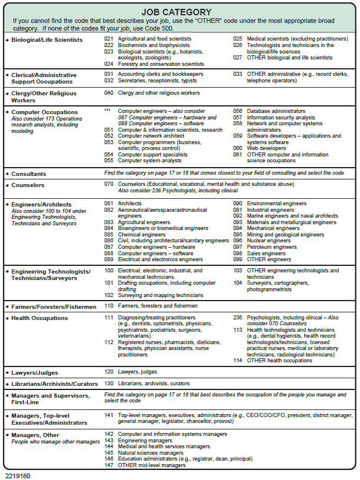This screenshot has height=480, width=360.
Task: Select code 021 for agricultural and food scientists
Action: tap(108, 39)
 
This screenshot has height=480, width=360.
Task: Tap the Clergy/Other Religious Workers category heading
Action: tap(44, 96)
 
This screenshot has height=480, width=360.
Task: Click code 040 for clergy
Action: tap(108, 93)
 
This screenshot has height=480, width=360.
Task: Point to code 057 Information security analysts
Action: tap(238, 118)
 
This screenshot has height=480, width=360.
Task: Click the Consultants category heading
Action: tap(29, 174)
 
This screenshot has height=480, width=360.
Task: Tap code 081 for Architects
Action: tap(108, 204)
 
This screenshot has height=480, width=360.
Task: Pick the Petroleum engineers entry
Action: tap(272, 247)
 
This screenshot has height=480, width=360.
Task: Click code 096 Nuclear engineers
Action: tap(238, 241)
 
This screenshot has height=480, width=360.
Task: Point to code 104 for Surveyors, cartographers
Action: tap(238, 283)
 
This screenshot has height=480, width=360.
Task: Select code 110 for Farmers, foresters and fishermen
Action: tap(108, 306)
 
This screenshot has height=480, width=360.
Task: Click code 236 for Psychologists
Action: tap(238, 318)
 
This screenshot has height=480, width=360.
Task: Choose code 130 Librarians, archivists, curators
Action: tap(108, 384)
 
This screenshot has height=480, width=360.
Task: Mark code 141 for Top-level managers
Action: tap(108, 415)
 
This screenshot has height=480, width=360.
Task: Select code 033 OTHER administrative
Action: tap(238, 74)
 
